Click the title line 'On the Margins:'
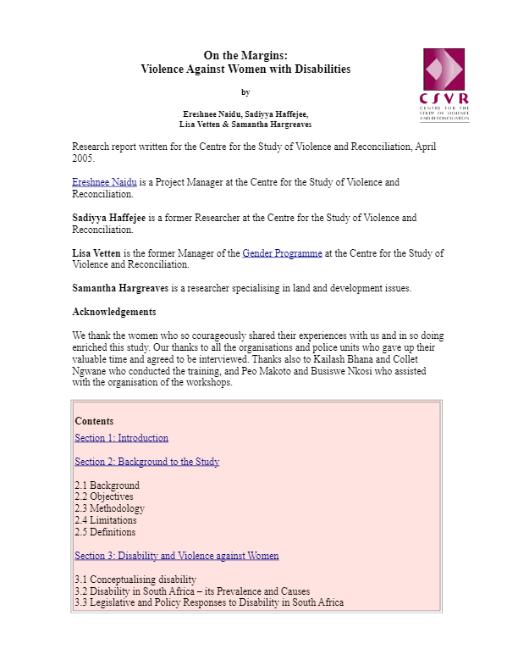pyautogui.click(x=245, y=55)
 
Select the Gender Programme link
pyautogui.click(x=282, y=253)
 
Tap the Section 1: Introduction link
pyautogui.click(x=121, y=438)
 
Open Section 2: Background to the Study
pyautogui.click(x=146, y=462)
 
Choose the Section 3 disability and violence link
pyautogui.click(x=176, y=556)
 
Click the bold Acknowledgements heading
pyautogui.click(x=113, y=312)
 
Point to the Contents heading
pyautogui.click(x=93, y=421)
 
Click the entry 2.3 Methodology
pyautogui.click(x=109, y=508)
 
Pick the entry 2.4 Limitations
pyautogui.click(x=105, y=520)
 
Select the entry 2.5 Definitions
pyautogui.click(x=105, y=532)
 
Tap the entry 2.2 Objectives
pyautogui.click(x=103, y=496)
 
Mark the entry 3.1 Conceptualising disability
pyautogui.click(x=135, y=579)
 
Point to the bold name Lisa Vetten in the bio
pyautogui.click(x=99, y=253)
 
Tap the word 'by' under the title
pyautogui.click(x=245, y=92)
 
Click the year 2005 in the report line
pyautogui.click(x=83, y=158)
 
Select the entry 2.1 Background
pyautogui.click(x=107, y=485)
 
